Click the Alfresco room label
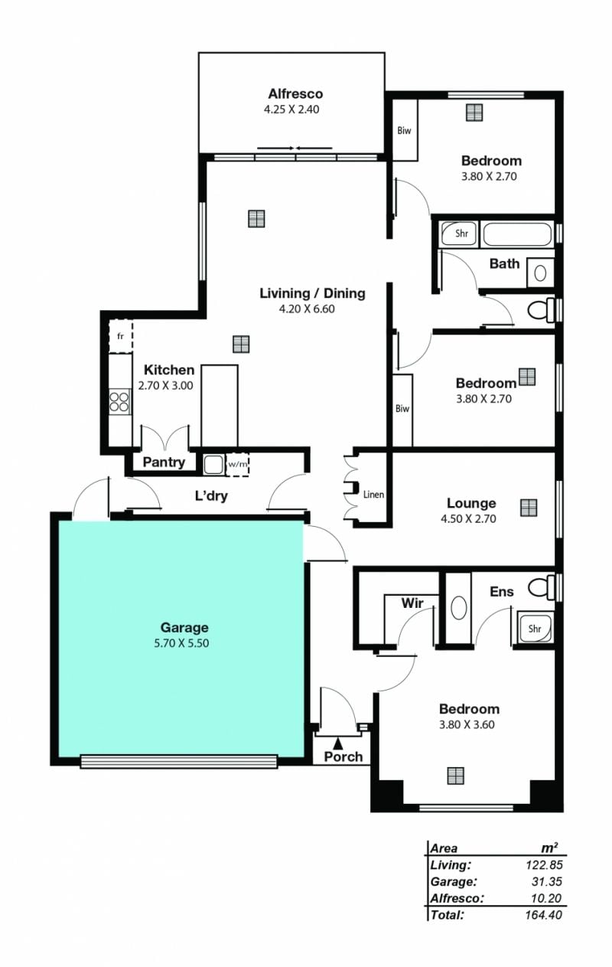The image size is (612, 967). (x=295, y=93)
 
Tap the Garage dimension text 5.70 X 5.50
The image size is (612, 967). (x=181, y=643)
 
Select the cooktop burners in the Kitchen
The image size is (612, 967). (x=119, y=401)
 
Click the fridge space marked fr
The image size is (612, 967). (x=120, y=336)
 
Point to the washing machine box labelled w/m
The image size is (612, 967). (x=237, y=465)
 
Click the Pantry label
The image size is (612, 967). (x=164, y=462)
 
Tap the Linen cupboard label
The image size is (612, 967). (x=373, y=495)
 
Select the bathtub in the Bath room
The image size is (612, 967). (x=516, y=234)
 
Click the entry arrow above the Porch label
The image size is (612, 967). (x=338, y=743)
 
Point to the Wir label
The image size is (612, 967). (x=412, y=603)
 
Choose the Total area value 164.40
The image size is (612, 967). (x=543, y=914)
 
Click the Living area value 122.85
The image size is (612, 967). (x=544, y=877)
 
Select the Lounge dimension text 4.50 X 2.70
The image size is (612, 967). (x=468, y=518)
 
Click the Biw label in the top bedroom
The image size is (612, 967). (x=404, y=130)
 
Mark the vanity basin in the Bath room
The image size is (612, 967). (x=540, y=273)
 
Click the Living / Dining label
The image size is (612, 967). (x=312, y=293)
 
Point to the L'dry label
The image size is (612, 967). (x=211, y=496)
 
